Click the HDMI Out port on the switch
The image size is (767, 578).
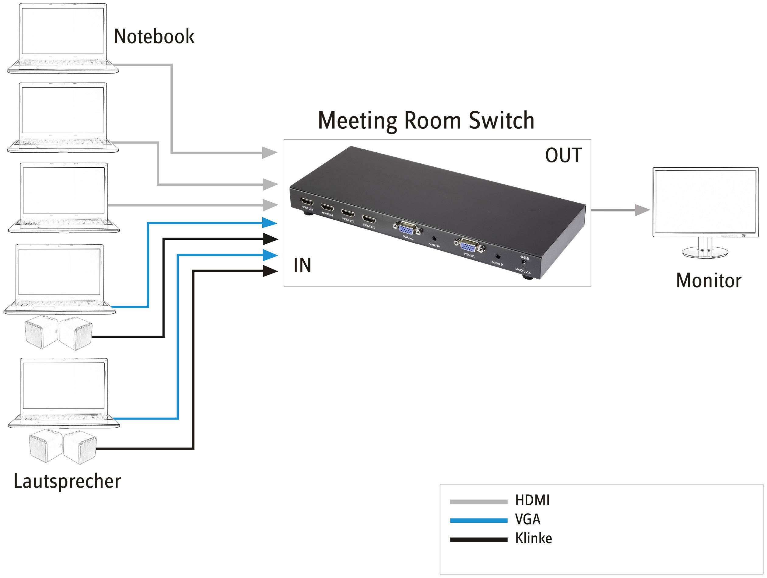point(307,202)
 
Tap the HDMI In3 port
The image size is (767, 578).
point(327,208)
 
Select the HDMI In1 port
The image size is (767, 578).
point(369,219)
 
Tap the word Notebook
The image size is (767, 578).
point(154,37)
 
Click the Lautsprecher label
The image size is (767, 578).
point(67,481)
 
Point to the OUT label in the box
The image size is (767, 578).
point(563,155)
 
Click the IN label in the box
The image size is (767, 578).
point(302,266)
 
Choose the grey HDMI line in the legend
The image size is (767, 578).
point(478,502)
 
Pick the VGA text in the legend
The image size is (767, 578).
point(528,519)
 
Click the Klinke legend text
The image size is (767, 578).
point(533,538)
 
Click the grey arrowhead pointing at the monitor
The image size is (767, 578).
point(642,210)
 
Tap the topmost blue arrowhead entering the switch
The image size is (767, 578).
point(270,222)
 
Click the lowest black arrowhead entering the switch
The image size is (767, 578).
point(270,271)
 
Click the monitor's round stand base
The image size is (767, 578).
point(705,252)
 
